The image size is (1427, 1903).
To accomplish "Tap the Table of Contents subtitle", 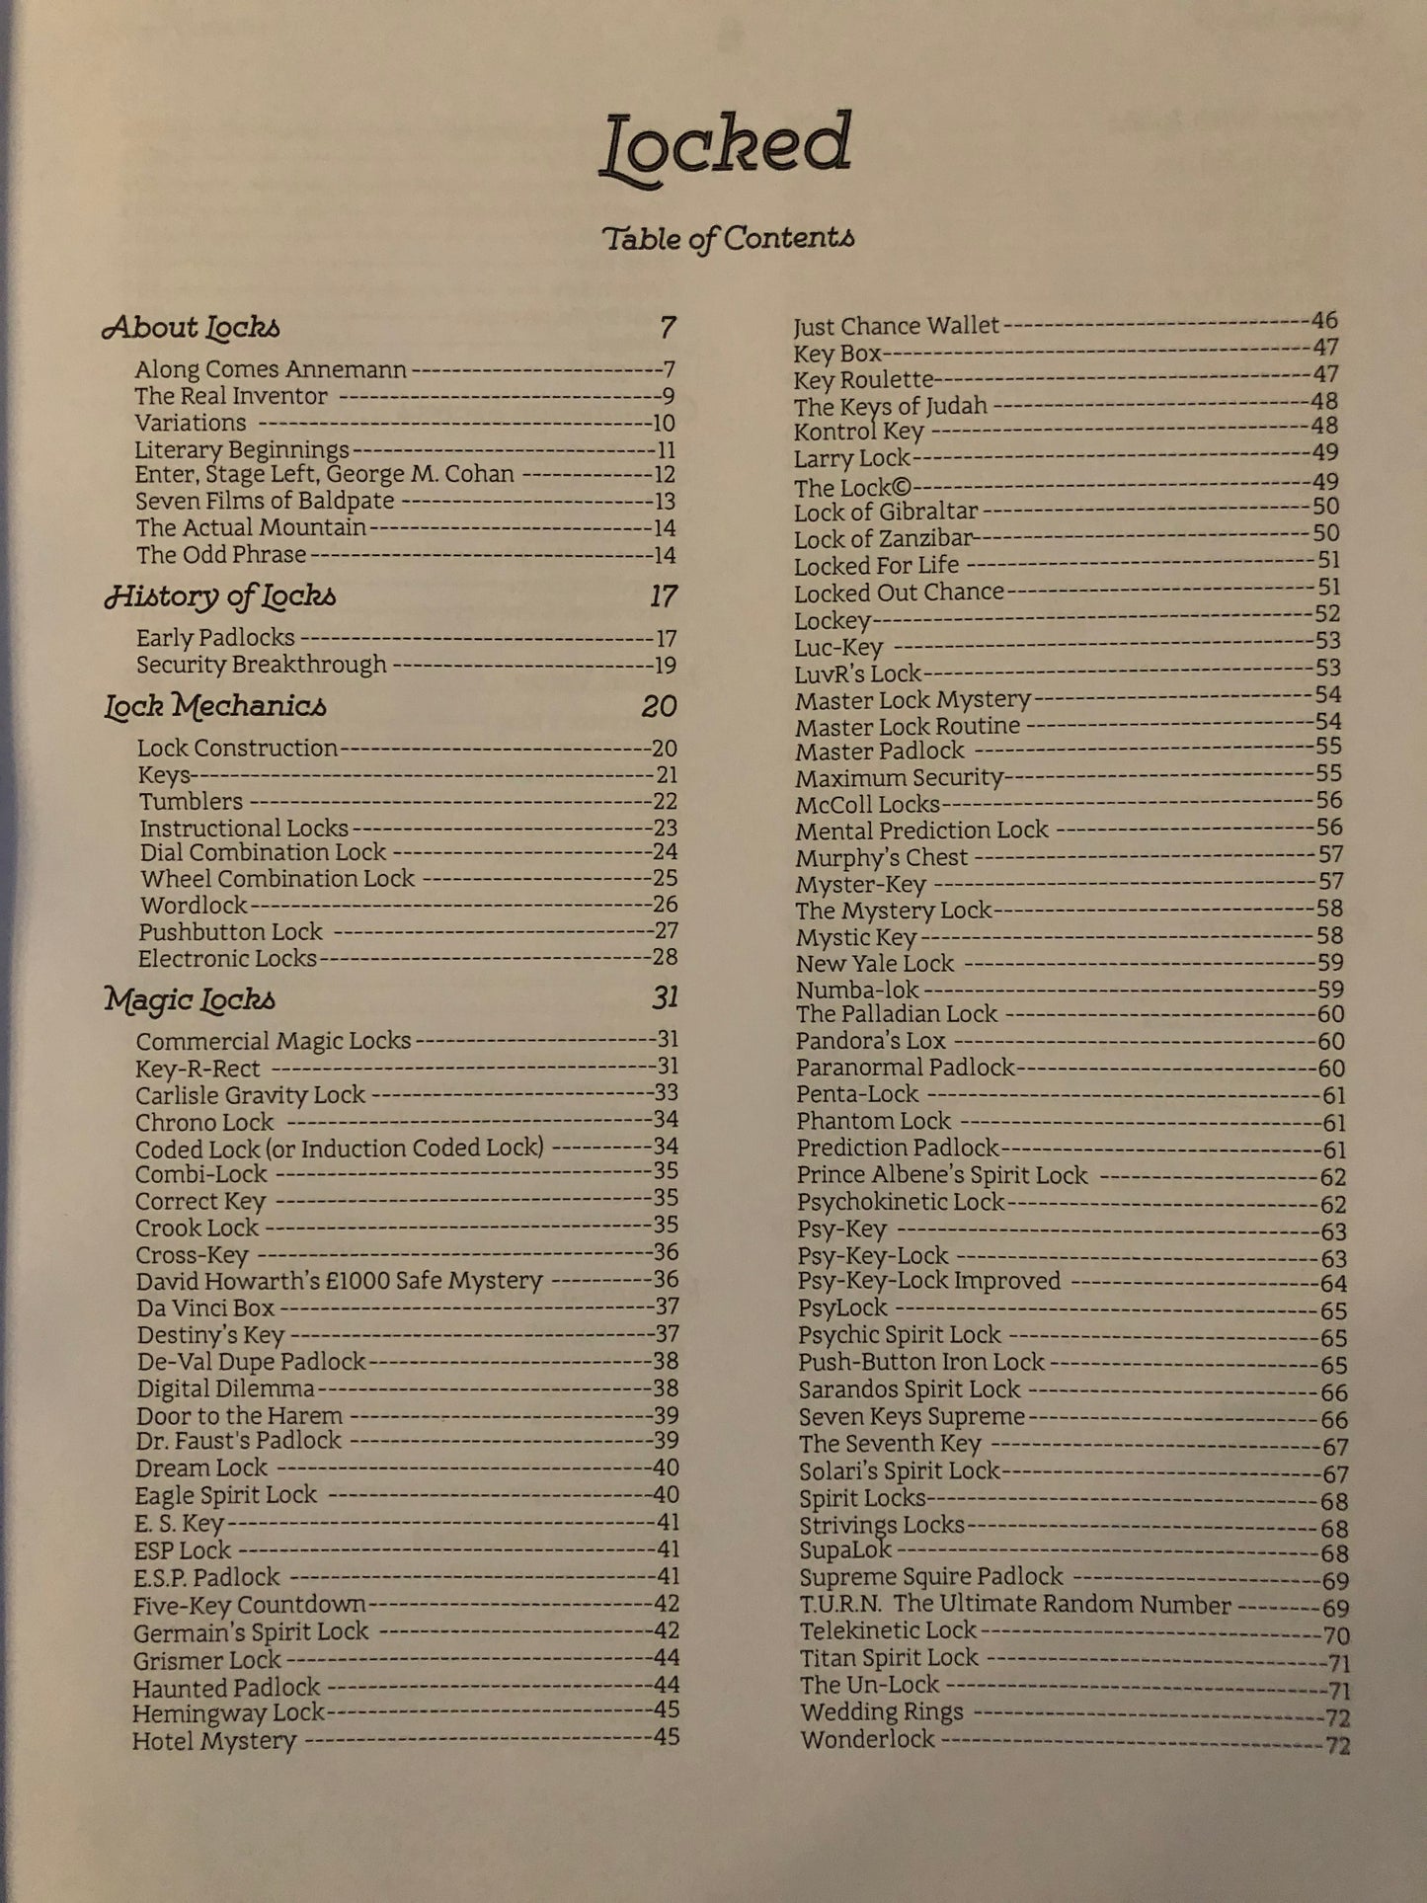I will [x=728, y=238].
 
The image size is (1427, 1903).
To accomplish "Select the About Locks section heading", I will [x=192, y=328].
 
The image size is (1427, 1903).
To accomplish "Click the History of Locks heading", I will [x=220, y=596].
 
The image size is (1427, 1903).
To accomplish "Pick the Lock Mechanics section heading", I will [x=215, y=706].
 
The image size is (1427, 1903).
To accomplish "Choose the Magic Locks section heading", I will [x=190, y=999].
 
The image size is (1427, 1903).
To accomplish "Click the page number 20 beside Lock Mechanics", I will [x=659, y=706].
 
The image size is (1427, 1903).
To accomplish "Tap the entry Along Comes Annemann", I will [x=271, y=369].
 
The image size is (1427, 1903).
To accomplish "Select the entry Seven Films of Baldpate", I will [x=265, y=501].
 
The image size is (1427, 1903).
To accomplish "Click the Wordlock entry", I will [x=194, y=905].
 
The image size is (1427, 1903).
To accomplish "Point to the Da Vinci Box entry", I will [x=205, y=1308].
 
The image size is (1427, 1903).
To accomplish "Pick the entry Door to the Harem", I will [x=239, y=1415].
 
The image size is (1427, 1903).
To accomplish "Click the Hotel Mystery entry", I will [x=214, y=1740].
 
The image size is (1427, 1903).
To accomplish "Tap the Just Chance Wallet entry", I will [x=896, y=326].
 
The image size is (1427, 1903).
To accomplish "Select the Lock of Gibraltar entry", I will [x=886, y=512].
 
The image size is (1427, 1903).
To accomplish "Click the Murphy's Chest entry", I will [x=882, y=857].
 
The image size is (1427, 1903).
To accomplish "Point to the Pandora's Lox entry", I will [x=871, y=1041].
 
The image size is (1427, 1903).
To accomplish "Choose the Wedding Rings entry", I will [x=882, y=1711].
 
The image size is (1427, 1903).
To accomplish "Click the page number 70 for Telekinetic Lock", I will [x=1336, y=1635].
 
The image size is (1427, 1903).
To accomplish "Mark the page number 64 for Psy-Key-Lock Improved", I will [x=1333, y=1284].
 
